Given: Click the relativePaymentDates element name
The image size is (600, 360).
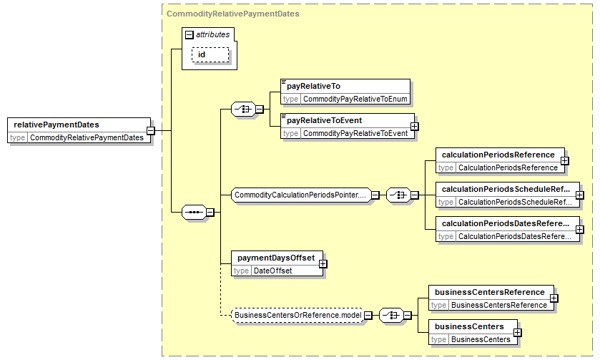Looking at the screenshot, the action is click(x=56, y=125).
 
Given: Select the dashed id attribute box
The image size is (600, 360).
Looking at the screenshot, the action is click(x=210, y=55).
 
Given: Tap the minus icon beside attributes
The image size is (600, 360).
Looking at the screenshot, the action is click(x=189, y=35).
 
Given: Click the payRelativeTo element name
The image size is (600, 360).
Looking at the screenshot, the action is click(x=313, y=86).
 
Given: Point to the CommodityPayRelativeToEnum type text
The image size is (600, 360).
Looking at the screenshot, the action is click(x=355, y=99).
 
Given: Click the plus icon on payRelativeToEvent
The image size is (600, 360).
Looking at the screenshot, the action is click(x=414, y=127).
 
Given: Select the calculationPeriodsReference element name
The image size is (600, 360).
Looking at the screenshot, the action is click(x=498, y=155).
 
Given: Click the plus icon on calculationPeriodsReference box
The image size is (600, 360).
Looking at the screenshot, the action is click(x=565, y=161).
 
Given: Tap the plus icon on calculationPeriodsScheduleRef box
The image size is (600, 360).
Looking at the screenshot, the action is click(x=580, y=195).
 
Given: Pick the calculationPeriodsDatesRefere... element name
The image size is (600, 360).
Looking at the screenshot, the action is click(x=506, y=223).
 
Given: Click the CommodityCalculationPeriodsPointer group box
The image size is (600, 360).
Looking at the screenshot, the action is click(x=301, y=195).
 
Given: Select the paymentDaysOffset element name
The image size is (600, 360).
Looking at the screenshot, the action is click(x=276, y=258).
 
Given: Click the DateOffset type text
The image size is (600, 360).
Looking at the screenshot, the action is click(x=273, y=271).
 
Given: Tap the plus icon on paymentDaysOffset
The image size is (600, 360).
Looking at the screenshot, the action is click(x=323, y=264).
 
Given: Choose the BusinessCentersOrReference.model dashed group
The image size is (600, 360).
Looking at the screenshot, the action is click(x=297, y=315).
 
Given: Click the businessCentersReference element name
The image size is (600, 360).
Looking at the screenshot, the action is click(x=489, y=292).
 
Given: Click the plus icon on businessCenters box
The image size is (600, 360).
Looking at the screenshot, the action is click(x=517, y=332).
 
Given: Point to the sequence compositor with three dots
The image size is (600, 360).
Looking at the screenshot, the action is click(x=194, y=212).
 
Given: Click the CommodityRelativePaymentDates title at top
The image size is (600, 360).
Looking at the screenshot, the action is click(x=233, y=14).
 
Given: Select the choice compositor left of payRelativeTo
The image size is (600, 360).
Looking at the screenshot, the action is click(x=243, y=110).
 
